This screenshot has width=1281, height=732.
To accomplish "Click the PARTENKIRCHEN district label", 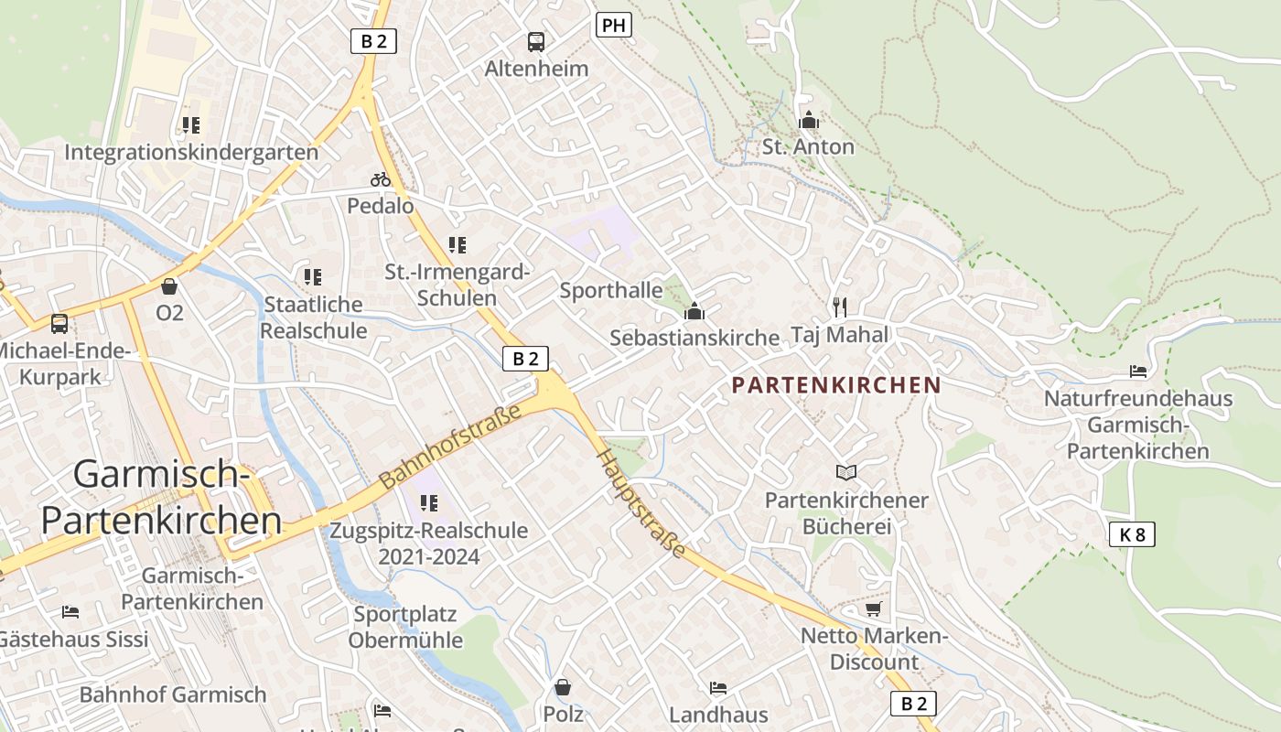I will click(836, 385).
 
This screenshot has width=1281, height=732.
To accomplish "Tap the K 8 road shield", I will click(1132, 534).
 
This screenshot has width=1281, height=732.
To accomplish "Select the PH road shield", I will click(613, 26).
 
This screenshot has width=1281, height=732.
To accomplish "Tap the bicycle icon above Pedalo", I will click(381, 179).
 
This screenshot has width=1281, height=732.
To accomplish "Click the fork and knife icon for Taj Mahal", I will click(840, 307).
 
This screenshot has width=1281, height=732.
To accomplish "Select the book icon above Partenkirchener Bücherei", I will click(846, 472).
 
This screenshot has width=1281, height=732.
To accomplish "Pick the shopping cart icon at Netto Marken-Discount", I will click(873, 608).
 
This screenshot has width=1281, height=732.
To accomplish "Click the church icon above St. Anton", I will click(808, 120).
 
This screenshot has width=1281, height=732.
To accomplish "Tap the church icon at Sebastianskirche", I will click(694, 311).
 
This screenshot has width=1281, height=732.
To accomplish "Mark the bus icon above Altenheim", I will click(536, 42).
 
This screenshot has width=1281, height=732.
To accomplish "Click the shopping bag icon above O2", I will click(168, 286).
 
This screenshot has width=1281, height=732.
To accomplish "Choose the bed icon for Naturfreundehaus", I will click(1137, 371).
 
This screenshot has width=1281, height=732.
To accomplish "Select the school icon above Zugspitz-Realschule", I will click(428, 502).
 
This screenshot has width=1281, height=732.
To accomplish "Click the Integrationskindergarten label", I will click(191, 152).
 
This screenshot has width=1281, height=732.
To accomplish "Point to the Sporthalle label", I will click(610, 291).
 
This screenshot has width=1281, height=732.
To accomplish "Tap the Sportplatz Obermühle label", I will click(405, 627).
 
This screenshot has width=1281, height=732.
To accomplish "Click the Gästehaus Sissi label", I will click(73, 639).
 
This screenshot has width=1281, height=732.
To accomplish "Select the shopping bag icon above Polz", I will click(563, 686).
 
